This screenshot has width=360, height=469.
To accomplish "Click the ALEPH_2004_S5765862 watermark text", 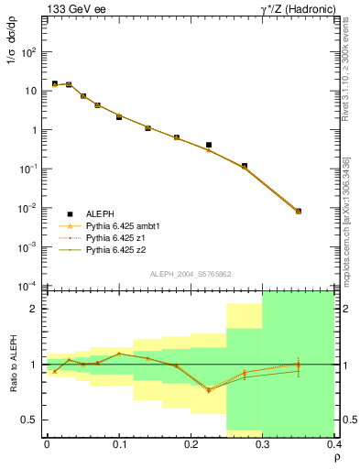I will pyautogui.click(x=190, y=275).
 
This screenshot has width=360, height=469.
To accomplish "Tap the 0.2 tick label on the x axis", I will pyautogui.click(x=191, y=445).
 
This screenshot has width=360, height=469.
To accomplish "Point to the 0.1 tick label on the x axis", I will pyautogui.click(x=118, y=445).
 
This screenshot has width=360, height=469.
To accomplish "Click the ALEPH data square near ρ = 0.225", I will pyautogui.click(x=209, y=145).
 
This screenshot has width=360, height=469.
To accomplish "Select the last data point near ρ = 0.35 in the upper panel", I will pyautogui.click(x=299, y=212).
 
